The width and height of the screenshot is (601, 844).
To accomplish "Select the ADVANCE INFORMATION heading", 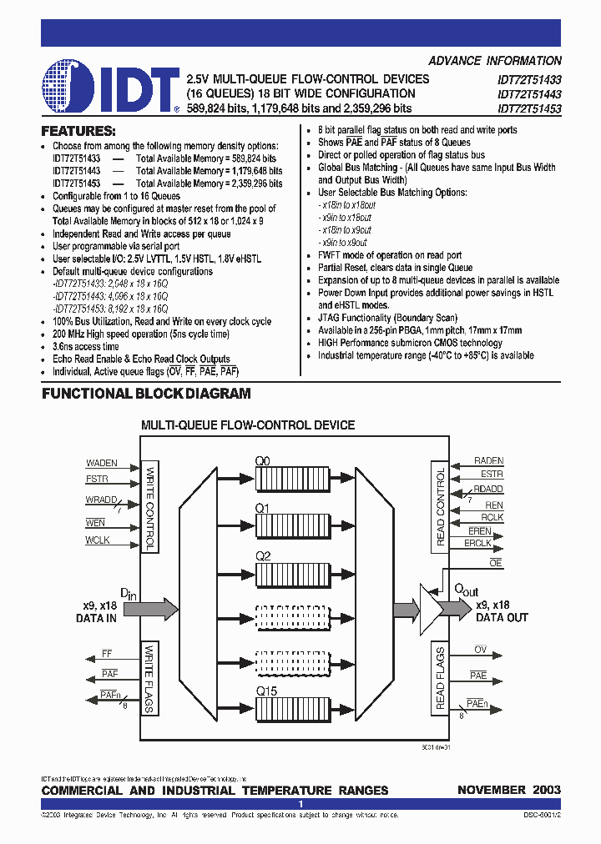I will coord(495,61).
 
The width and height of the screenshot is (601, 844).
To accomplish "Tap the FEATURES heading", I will coord(78,131).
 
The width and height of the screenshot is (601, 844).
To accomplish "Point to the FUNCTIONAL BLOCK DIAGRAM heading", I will coord(146,394).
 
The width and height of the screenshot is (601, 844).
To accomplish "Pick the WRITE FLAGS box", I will coord(150,678).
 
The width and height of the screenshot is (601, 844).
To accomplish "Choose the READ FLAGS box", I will coord(441,678).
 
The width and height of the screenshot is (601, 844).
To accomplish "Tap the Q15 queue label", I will coord(267,690).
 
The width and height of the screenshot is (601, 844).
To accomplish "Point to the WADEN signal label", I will coord(102,463).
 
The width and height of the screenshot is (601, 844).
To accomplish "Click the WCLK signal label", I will coord(97,540).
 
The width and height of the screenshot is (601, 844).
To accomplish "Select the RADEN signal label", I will coord(488,460).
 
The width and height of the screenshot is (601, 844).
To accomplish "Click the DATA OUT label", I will coord(502,618).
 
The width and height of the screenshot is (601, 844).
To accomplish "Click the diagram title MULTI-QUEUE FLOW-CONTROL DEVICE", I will coord(248,425).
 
